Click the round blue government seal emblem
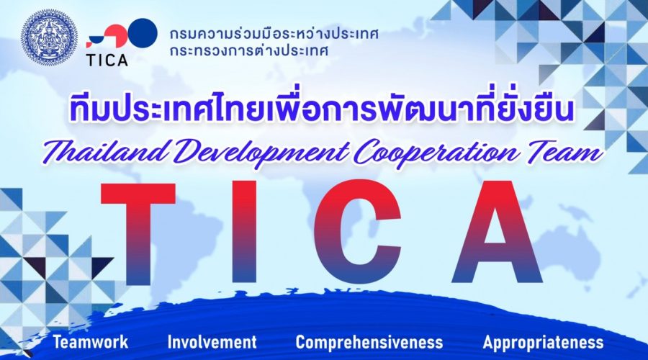tap(49, 37)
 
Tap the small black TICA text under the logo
tap(107, 60)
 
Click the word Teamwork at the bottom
tap(91, 342)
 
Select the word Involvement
tap(212, 342)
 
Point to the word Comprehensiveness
tap(369, 343)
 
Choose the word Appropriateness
tap(543, 343)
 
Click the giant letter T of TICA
tap(138, 234)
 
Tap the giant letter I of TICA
tap(246, 234)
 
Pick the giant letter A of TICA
tap(497, 234)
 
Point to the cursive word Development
tap(261, 154)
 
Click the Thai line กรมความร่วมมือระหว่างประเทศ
tap(274, 34)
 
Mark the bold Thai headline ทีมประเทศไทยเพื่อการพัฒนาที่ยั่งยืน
tap(322, 108)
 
